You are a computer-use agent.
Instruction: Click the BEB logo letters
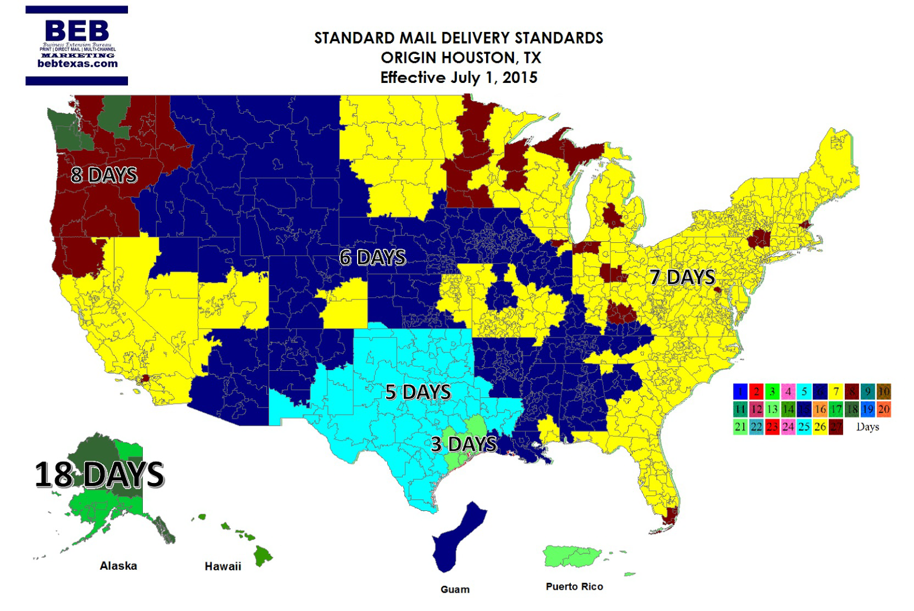click(77, 31)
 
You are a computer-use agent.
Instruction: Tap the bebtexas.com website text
click(78, 64)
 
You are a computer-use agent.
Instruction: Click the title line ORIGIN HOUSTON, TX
click(460, 58)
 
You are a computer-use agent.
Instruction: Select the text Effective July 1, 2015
click(459, 78)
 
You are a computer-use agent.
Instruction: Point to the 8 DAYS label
click(104, 175)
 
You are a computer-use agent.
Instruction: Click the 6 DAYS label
click(372, 258)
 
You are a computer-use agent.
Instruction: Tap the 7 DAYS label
click(683, 277)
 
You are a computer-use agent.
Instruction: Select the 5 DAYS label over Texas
click(418, 392)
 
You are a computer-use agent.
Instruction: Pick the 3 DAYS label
click(464, 444)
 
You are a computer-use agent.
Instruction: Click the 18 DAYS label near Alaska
click(99, 475)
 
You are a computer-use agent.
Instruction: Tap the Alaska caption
click(118, 566)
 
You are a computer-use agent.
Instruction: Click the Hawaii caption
click(223, 566)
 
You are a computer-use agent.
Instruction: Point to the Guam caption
click(455, 589)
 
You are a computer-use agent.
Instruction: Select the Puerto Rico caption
click(574, 586)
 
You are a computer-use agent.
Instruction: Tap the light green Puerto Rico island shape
click(571, 556)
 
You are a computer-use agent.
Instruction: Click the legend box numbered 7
click(836, 392)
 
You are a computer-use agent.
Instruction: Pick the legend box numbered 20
click(884, 409)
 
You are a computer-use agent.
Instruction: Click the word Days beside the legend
click(867, 427)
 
